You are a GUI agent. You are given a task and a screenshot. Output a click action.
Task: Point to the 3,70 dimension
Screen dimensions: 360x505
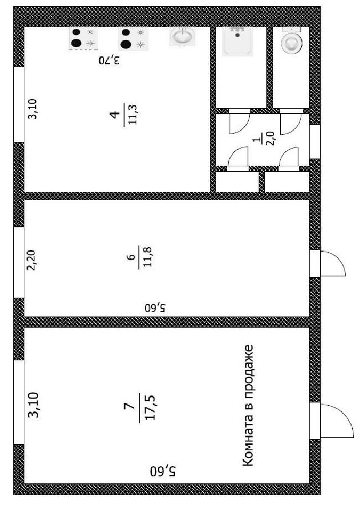coord(110,61)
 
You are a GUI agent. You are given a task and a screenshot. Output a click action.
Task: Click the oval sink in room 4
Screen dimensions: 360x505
coord(182,37)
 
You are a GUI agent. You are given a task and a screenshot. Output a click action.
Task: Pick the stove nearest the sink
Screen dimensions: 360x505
coord(133,39)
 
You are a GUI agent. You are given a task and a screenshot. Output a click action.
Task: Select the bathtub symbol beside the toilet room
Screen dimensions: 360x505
coord(238,40)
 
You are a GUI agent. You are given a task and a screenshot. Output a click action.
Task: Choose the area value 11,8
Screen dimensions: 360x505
coord(147,258)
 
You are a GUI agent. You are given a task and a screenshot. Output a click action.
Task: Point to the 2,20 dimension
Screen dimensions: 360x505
coord(32,259)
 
